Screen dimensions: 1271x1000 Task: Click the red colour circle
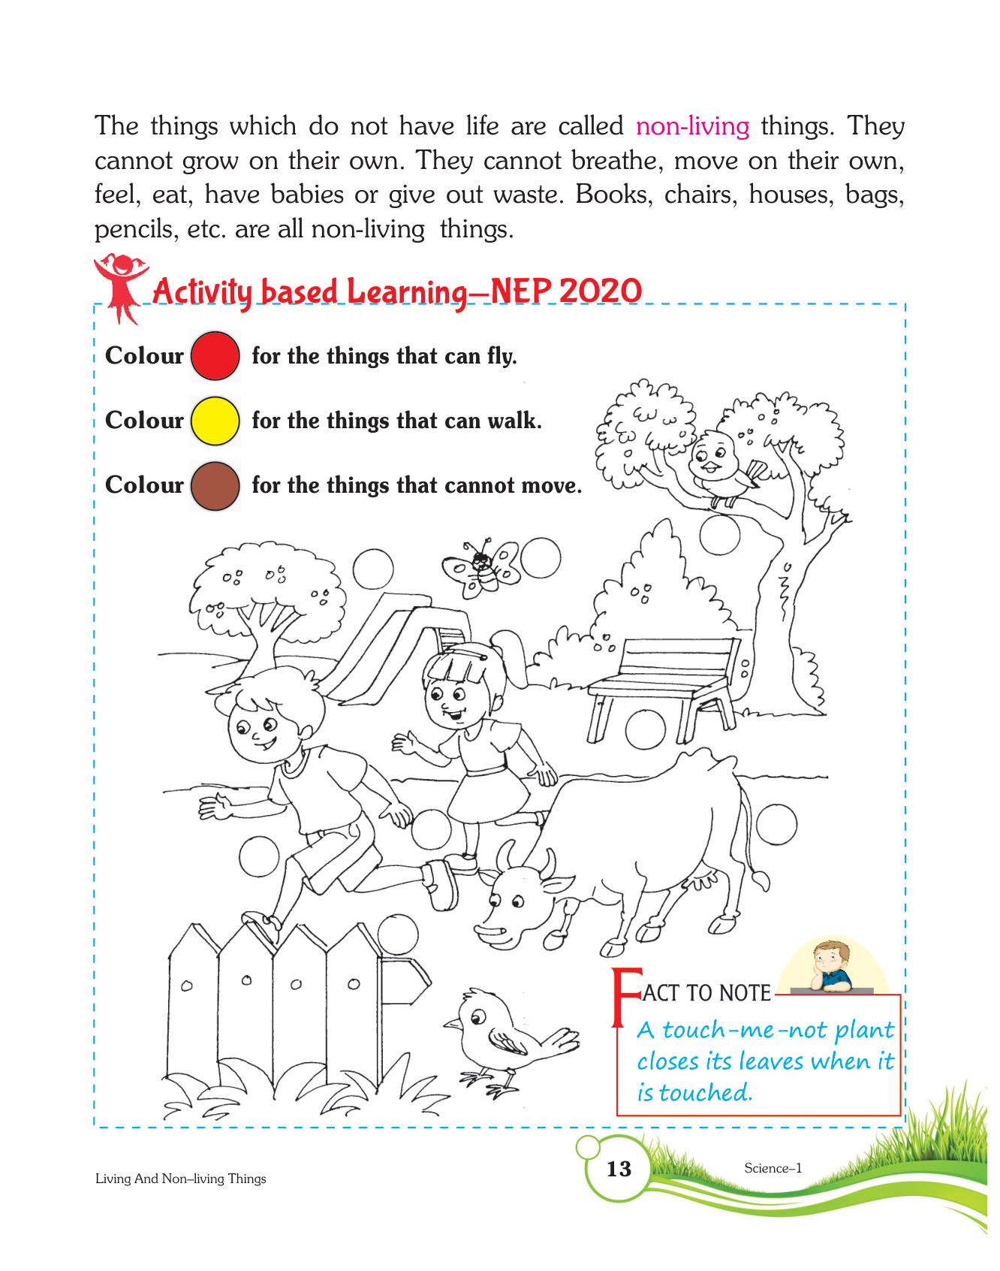[x=215, y=355]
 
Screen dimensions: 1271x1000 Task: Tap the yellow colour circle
[x=215, y=421]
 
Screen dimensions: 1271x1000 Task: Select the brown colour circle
[x=215, y=486]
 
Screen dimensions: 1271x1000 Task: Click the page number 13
[x=619, y=1169]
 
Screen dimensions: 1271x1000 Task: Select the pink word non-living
[x=692, y=126]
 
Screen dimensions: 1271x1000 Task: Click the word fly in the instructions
[x=502, y=356]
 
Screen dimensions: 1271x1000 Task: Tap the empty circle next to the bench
[x=646, y=729]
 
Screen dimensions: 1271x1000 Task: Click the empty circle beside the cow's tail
[x=776, y=824]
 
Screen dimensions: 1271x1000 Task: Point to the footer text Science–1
[x=773, y=1168]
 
